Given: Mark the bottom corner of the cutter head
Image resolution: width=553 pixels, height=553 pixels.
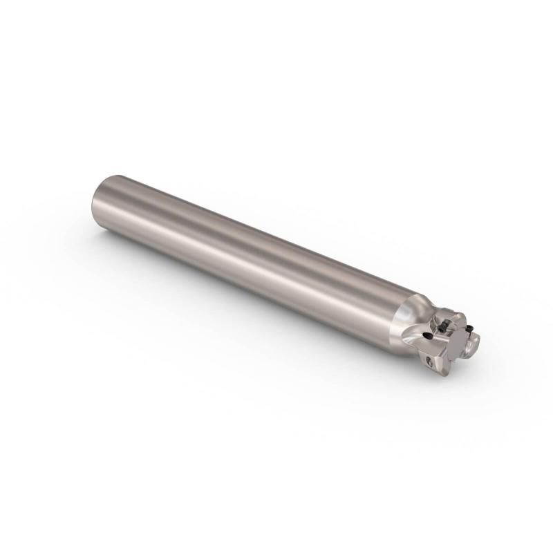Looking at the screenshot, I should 446,373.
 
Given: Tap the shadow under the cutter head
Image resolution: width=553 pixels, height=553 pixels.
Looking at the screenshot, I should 442,387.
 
